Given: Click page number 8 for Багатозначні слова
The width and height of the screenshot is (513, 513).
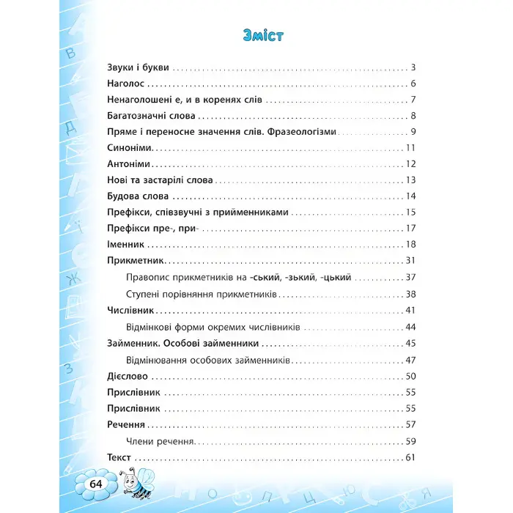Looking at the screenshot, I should click(x=413, y=116).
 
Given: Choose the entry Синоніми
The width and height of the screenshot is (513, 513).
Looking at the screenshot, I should click(x=123, y=148).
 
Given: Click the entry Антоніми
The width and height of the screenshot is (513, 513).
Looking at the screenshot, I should click(x=123, y=164).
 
